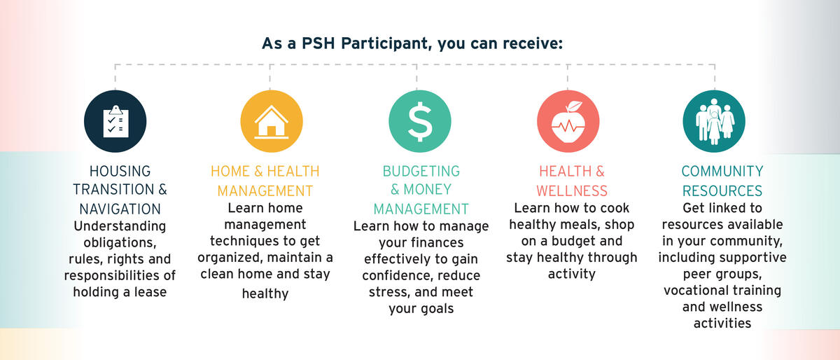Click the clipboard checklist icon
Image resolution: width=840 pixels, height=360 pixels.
[115, 121]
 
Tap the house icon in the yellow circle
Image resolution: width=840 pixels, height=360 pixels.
[272, 122]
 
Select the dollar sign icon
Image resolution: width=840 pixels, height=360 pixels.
[420, 122]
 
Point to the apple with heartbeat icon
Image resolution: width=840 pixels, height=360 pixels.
[568, 122]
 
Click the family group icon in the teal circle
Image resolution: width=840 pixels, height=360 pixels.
[715, 121]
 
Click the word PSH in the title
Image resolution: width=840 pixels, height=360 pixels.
[318, 43]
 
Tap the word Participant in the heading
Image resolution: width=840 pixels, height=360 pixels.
[385, 43]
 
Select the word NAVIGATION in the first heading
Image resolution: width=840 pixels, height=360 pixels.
[120, 209]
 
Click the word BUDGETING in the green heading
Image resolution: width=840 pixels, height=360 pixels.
[421, 171]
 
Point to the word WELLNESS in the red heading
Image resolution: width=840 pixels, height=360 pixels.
[572, 191]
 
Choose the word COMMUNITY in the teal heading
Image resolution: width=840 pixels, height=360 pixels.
[722, 171]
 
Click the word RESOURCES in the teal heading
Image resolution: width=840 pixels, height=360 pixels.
[722, 191]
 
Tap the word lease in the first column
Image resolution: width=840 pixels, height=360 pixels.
[150, 291]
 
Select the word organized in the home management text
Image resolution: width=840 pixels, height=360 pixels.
[230, 258]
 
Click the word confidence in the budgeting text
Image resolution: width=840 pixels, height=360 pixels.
[397, 275]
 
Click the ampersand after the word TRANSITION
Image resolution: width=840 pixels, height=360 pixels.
[162, 189]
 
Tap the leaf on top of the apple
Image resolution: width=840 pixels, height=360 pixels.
[574, 106]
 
